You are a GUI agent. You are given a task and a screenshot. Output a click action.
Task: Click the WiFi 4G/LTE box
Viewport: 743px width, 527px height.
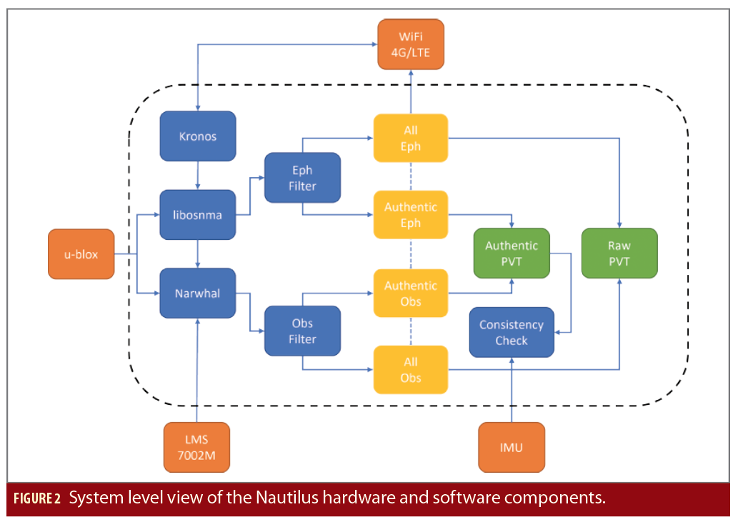(x=410, y=44)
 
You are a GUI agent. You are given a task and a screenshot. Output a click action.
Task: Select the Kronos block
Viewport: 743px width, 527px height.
(x=197, y=135)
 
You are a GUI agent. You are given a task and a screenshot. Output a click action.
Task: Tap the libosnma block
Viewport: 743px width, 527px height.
(x=197, y=214)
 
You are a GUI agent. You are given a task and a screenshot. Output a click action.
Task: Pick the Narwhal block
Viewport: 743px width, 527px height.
(x=197, y=293)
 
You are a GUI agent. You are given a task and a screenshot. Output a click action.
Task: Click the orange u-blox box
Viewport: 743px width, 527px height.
(x=81, y=254)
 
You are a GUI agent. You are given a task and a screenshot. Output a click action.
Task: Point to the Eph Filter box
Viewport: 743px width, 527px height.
(x=302, y=179)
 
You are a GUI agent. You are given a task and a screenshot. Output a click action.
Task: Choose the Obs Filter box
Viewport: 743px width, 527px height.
(x=302, y=331)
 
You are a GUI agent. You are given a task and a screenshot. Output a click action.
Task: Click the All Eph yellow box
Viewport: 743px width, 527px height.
(x=410, y=139)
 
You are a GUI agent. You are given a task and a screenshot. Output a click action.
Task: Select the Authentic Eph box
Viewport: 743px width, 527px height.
(x=410, y=215)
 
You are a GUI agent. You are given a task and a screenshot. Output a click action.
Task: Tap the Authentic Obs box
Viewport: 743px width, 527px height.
(x=410, y=293)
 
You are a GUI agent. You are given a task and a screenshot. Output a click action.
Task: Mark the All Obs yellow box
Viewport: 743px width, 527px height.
(x=410, y=370)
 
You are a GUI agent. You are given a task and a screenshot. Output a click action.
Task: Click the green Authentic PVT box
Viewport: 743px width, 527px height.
(x=512, y=253)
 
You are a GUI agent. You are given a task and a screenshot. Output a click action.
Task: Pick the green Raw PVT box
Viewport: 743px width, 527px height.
(x=619, y=253)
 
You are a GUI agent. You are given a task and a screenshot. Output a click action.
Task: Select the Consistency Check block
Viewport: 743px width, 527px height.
(x=512, y=332)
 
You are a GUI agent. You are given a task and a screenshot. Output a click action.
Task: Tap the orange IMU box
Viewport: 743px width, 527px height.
(x=512, y=448)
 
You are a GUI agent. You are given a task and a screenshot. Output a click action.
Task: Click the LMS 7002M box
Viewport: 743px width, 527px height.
(x=197, y=448)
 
